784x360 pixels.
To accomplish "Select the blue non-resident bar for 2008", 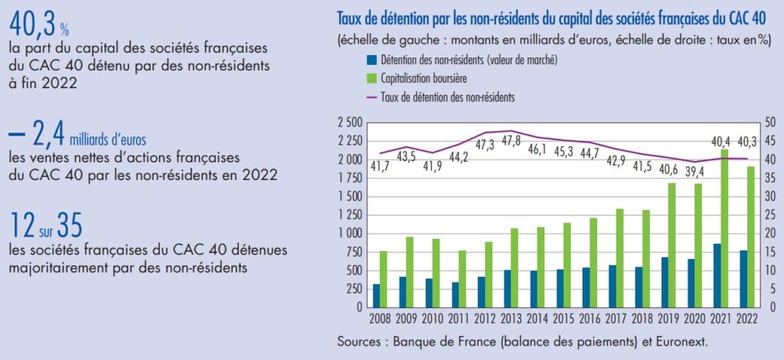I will [376, 296].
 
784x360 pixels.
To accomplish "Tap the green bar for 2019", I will [671, 245].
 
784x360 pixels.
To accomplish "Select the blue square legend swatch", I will [371, 60].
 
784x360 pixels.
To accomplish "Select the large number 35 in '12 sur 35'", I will [67, 226].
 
